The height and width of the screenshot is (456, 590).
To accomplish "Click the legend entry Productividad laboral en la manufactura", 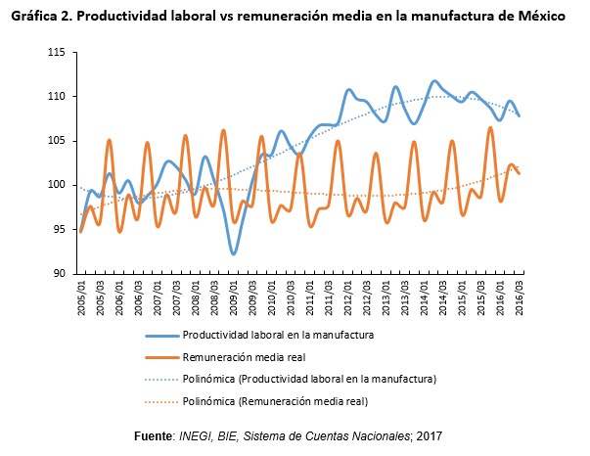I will coord(280,335).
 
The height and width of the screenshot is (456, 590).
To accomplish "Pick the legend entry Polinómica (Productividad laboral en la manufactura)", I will coord(309,378).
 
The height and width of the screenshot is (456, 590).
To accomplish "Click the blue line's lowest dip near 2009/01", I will coord(233,253).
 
